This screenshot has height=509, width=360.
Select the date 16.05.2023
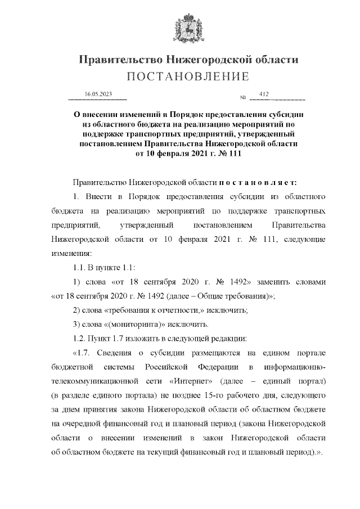pyautogui.click(x=97, y=93)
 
